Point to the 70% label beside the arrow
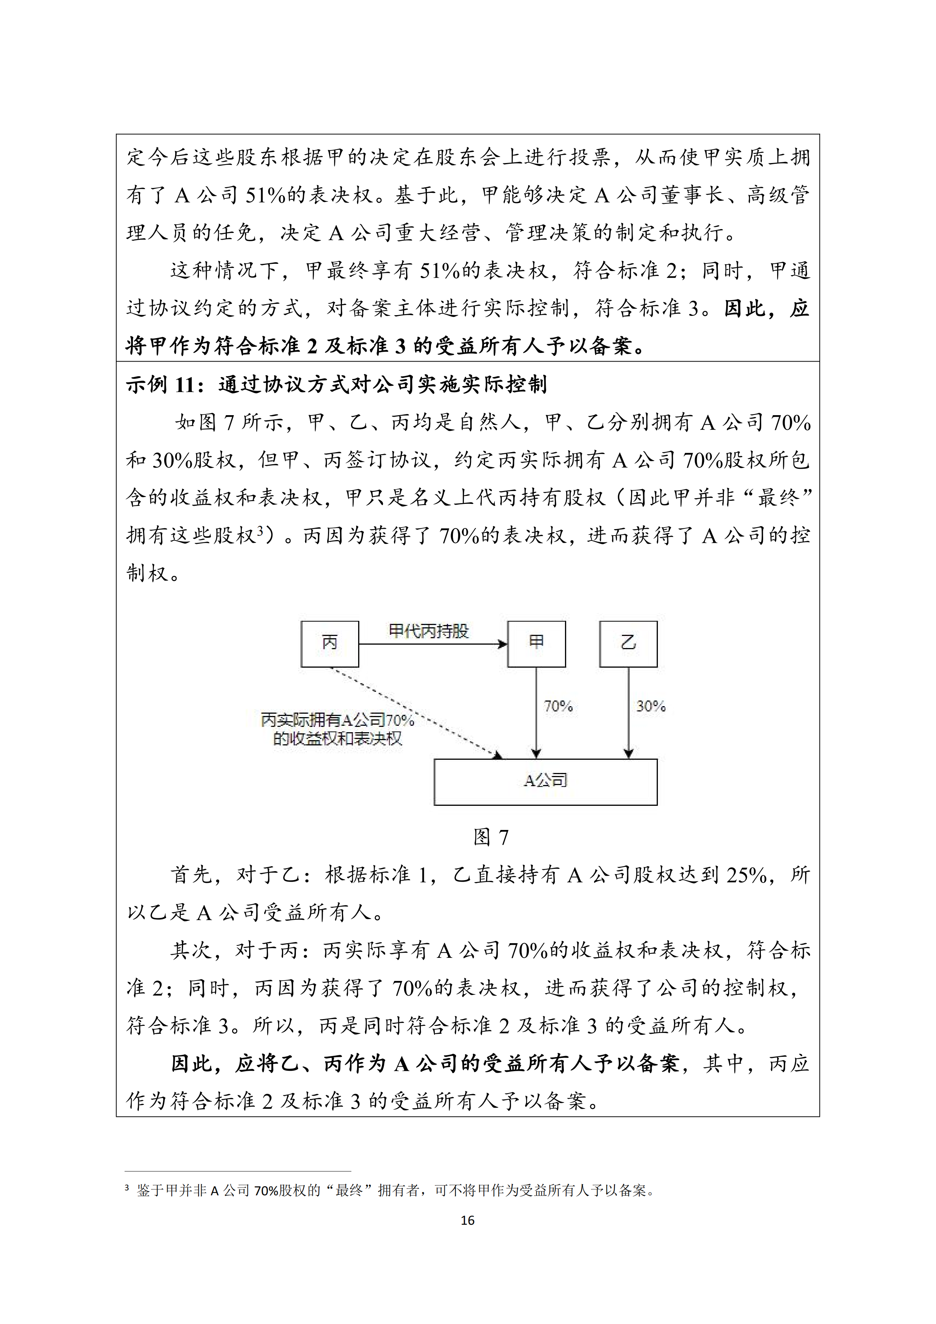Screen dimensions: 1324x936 coord(558,707)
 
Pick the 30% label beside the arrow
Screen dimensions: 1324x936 coord(651,707)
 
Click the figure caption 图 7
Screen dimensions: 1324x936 coord(491,837)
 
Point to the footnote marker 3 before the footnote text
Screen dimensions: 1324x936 coord(127,1188)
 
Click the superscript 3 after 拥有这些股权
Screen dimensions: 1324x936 coord(260,531)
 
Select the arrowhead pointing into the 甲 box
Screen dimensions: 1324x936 coord(503,644)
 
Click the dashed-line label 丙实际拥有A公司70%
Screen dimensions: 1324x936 coord(337,720)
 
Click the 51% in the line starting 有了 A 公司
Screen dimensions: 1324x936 coord(266,196)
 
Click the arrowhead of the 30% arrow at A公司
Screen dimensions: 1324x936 coord(629,753)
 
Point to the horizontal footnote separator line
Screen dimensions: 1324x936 coord(238,1171)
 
